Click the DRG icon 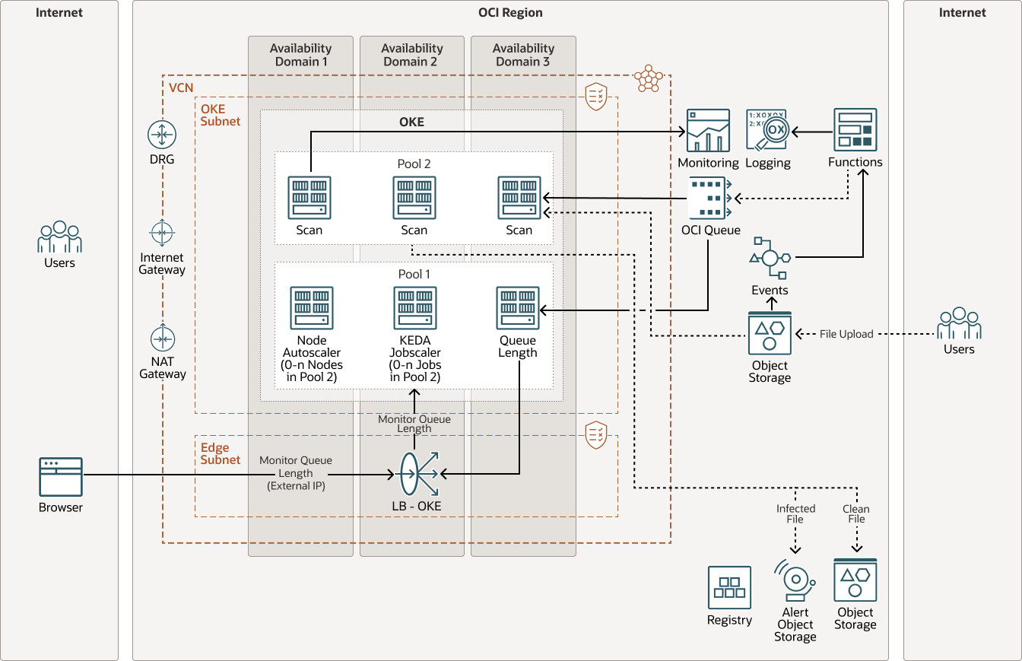[162, 135]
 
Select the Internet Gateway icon [162, 232]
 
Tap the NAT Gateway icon [162, 338]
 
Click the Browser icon [61, 476]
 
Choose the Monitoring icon [708, 131]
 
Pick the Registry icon [729, 587]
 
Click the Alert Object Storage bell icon [795, 581]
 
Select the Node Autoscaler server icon [312, 308]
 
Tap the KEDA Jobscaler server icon [414, 308]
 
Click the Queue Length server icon [518, 308]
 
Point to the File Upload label [846, 334]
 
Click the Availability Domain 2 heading [411, 55]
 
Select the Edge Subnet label [221, 454]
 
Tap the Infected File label [795, 514]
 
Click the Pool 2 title [414, 164]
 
